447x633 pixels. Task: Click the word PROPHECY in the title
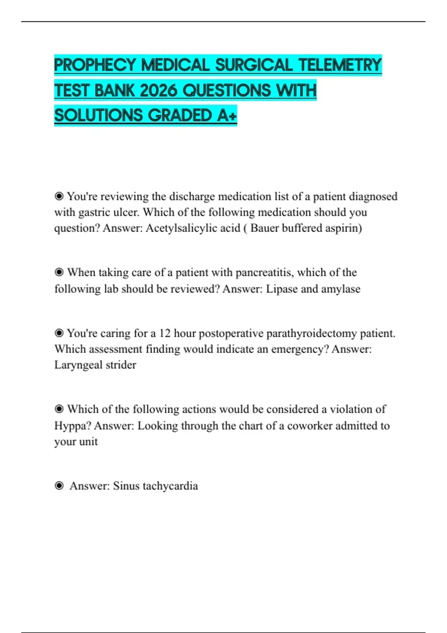(x=95, y=65)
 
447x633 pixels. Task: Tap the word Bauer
(x=264, y=228)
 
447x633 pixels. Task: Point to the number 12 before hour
(x=165, y=333)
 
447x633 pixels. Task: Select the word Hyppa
(x=72, y=426)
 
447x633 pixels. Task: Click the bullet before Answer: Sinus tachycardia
(x=59, y=486)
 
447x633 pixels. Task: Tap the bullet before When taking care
(x=59, y=272)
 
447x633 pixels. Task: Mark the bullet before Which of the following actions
(x=59, y=409)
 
